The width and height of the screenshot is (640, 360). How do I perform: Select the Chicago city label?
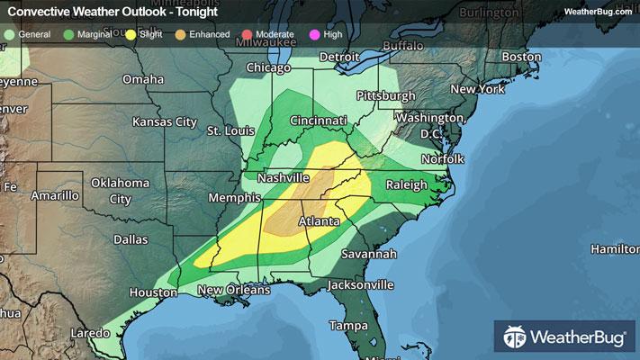point(268,68)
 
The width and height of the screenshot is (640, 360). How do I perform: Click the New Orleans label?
point(233,290)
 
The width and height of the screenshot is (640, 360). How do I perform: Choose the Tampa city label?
point(349,325)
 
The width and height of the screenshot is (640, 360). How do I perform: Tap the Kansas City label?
point(164,121)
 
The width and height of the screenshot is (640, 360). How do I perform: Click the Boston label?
point(521,57)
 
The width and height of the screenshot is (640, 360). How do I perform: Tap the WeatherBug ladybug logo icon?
point(515,339)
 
